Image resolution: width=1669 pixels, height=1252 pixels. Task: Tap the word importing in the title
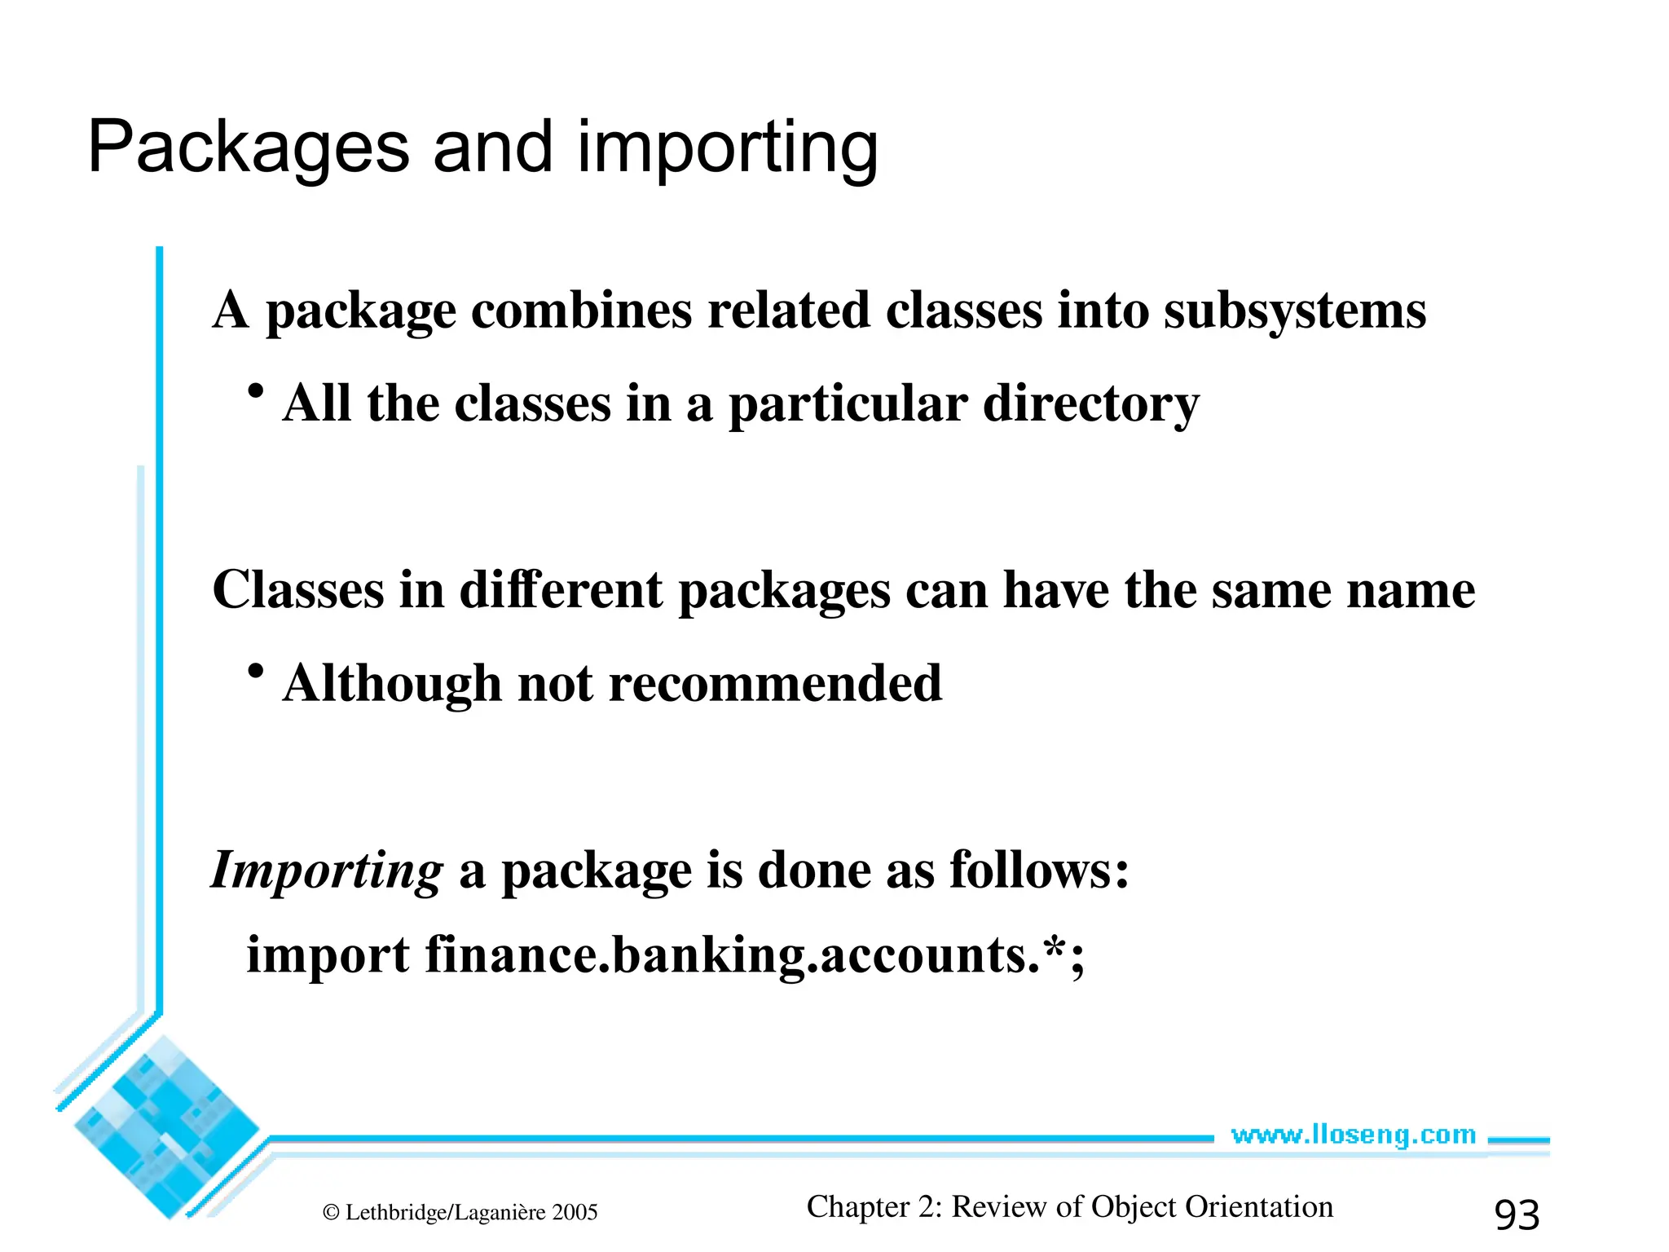click(728, 148)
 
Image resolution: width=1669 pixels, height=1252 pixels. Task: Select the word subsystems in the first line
click(1295, 311)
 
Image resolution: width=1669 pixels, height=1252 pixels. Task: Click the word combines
click(581, 311)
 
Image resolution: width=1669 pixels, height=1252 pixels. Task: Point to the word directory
click(1091, 404)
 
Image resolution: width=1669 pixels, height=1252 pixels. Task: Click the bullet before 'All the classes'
click(256, 391)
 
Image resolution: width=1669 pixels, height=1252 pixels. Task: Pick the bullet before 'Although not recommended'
click(256, 671)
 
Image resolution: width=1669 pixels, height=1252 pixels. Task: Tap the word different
click(561, 590)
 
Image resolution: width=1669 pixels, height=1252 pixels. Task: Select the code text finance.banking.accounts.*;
click(755, 955)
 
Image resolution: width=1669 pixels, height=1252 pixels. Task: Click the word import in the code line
click(328, 955)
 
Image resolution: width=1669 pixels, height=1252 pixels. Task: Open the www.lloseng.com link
click(1353, 1135)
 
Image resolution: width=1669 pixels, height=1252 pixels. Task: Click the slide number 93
click(1517, 1215)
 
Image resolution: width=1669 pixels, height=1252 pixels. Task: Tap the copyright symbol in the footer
click(331, 1213)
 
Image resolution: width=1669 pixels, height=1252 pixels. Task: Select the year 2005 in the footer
click(575, 1213)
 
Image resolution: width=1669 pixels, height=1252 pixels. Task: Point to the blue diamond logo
click(166, 1127)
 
